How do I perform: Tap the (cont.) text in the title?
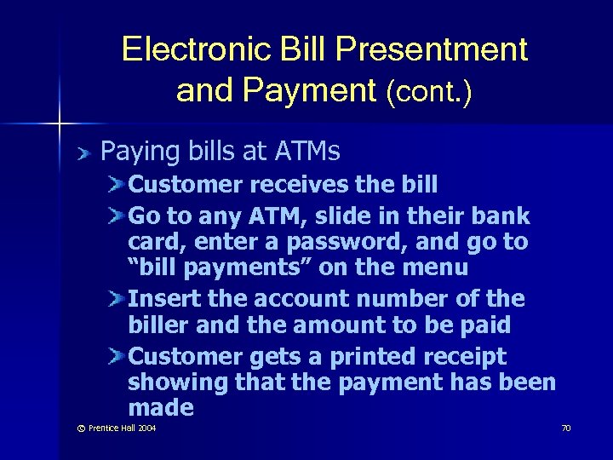429,91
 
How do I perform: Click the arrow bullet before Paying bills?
82,153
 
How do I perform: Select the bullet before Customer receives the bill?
117,184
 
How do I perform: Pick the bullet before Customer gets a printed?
117,356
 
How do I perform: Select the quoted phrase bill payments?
222,268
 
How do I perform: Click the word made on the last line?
161,408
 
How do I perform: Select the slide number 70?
565,428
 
